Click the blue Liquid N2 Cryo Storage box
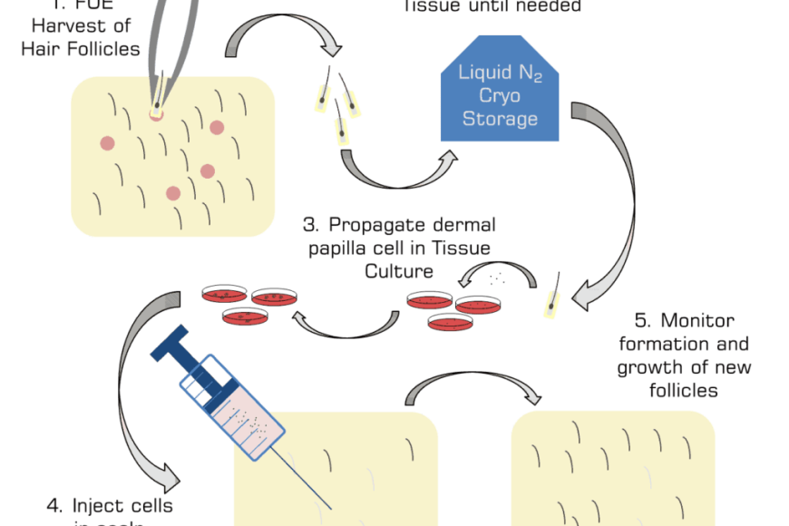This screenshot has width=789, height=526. (x=500, y=91)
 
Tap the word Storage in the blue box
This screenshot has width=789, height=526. (x=500, y=119)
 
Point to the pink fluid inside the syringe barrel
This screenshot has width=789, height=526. (x=240, y=416)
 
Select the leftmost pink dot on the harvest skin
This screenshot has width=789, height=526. (x=107, y=142)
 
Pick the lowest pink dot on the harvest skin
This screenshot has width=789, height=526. (x=173, y=192)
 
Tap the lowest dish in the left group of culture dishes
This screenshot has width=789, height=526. (x=247, y=317)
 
